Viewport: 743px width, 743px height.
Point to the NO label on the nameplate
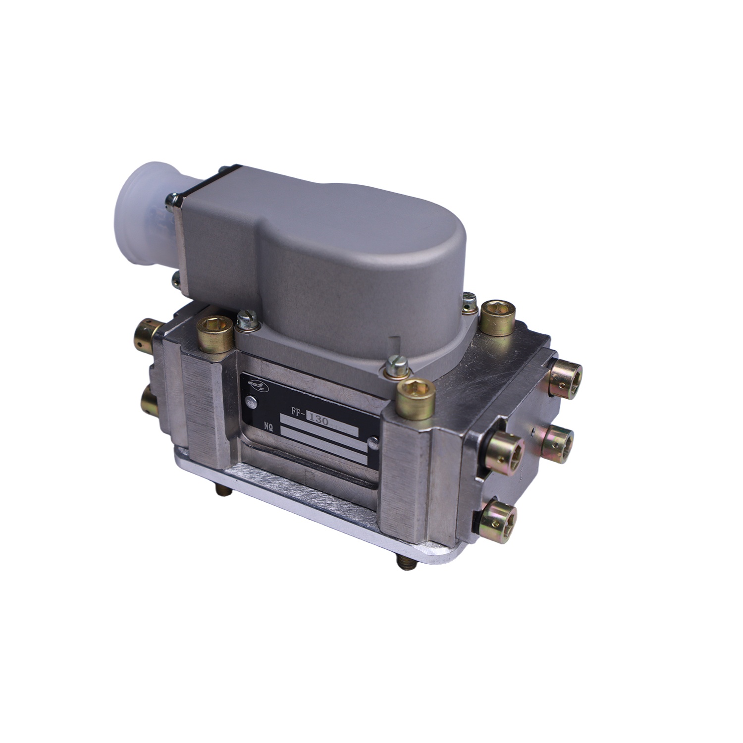point(268,425)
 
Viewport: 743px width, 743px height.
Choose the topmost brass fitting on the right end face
point(566,371)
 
